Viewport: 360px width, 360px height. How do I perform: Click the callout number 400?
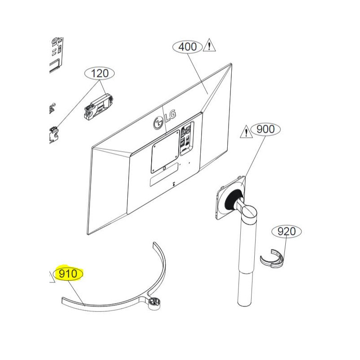pos(188,46)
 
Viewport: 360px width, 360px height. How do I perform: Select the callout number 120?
pos(100,73)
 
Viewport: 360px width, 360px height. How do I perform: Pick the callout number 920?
pos(287,231)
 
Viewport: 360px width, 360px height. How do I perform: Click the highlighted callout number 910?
pos(68,274)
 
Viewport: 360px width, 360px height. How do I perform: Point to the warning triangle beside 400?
pos(210,45)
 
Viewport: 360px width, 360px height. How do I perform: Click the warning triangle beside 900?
pos(246,131)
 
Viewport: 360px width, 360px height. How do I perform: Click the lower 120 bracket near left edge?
pos(54,133)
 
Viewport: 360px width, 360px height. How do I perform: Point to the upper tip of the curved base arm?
pos(155,245)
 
